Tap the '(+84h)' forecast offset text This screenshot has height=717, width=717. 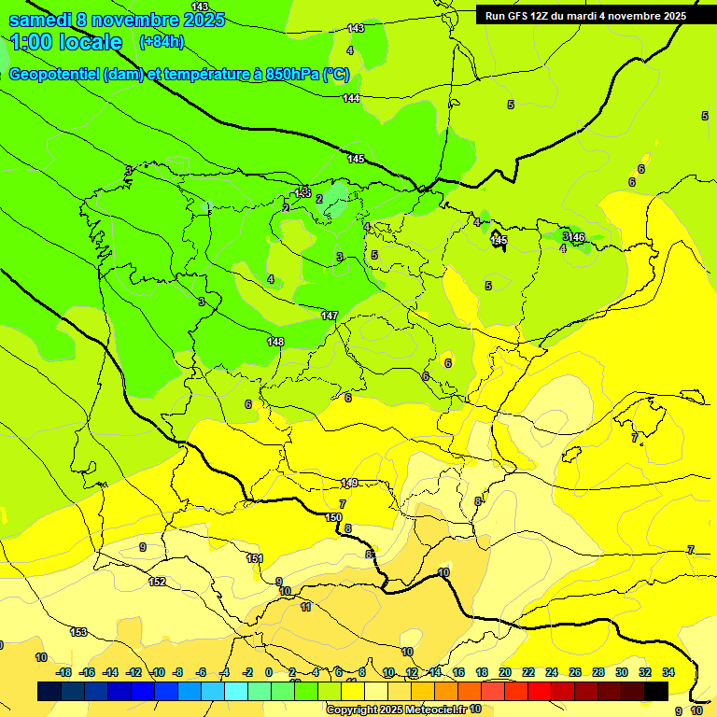pyautogui.click(x=161, y=42)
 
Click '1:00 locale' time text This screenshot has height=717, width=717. pyautogui.click(x=66, y=42)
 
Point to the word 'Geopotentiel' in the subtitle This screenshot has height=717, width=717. pyautogui.click(x=54, y=75)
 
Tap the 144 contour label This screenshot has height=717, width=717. pyautogui.click(x=351, y=98)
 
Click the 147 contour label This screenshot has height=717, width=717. pyautogui.click(x=329, y=316)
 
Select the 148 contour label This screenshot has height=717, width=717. pyautogui.click(x=275, y=342)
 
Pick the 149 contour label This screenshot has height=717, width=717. pyautogui.click(x=348, y=483)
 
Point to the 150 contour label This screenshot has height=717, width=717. pyautogui.click(x=333, y=517)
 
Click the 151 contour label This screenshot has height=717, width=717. pyautogui.click(x=254, y=558)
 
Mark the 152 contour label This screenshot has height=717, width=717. pyautogui.click(x=157, y=582)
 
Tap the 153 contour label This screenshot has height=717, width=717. pyautogui.click(x=78, y=632)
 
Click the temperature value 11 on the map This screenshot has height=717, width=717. pyautogui.click(x=305, y=607)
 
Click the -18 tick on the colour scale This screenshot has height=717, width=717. pyautogui.click(x=63, y=672)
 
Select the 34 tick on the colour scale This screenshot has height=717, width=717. pyautogui.click(x=668, y=672)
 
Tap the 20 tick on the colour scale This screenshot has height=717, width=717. pyautogui.click(x=505, y=672)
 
